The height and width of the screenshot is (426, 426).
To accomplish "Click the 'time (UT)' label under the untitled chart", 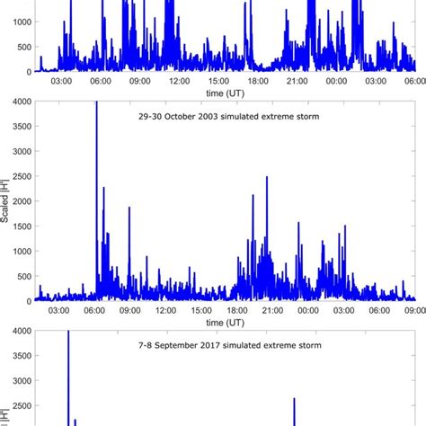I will [x=225, y=94].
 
